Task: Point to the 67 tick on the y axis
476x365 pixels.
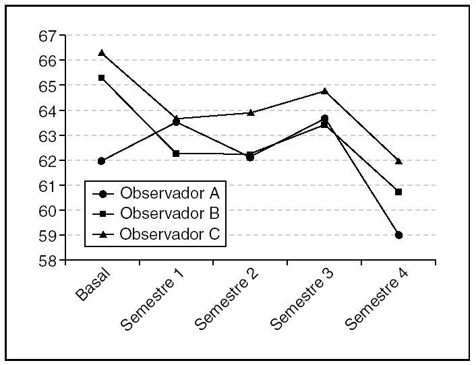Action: coord(49,36)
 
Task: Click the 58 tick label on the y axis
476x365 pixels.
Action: coord(49,261)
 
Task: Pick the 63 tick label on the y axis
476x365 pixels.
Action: coord(49,135)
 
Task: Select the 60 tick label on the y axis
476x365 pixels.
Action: coord(49,211)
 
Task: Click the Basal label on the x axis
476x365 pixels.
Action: coord(94,286)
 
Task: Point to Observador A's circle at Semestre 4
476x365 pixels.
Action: coord(399,235)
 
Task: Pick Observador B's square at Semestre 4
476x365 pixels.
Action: coord(399,192)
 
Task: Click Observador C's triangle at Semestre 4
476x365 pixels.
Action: coord(399,161)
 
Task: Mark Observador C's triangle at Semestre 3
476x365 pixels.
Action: coord(324,91)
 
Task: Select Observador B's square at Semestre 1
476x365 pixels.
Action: coord(176,154)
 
